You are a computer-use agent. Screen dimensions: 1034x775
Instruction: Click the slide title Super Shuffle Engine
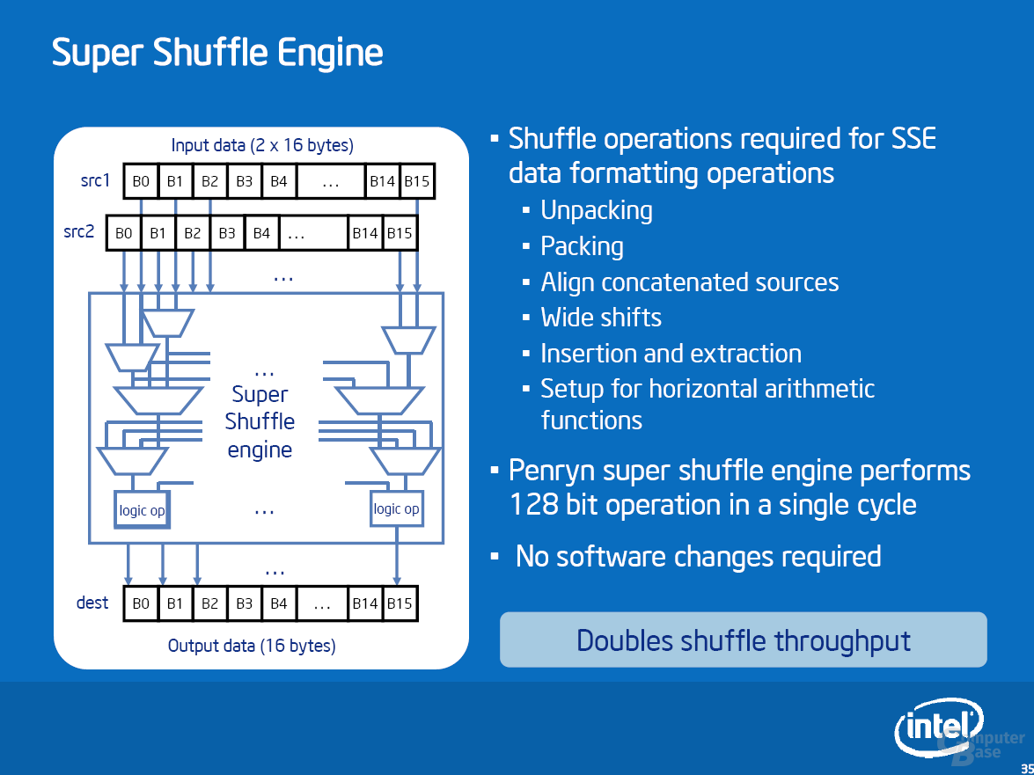217,53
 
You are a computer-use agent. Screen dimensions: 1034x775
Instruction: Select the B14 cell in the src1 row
383,180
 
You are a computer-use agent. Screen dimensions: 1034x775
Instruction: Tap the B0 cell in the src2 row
123,232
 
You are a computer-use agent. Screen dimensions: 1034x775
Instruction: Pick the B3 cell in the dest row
244,603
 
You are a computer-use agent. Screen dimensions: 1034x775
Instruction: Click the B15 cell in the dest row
400,603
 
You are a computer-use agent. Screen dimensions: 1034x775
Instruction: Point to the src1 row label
95,180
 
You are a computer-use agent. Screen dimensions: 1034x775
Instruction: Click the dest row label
92,603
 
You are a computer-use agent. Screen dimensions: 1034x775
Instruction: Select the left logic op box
142,509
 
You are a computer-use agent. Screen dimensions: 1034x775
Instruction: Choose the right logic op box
396,508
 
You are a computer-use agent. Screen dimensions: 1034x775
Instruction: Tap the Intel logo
939,728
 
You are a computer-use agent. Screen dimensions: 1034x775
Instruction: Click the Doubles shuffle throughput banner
744,640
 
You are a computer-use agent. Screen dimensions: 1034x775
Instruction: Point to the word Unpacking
596,211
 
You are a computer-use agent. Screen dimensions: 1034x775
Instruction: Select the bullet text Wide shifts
601,318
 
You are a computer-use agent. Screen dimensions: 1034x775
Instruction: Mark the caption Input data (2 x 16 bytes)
262,145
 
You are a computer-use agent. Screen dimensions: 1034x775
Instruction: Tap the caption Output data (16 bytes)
252,646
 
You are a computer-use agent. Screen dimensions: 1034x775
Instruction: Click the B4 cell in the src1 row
279,180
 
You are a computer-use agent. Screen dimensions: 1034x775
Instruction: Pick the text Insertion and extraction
671,354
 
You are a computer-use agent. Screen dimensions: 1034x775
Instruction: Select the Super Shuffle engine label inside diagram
260,421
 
